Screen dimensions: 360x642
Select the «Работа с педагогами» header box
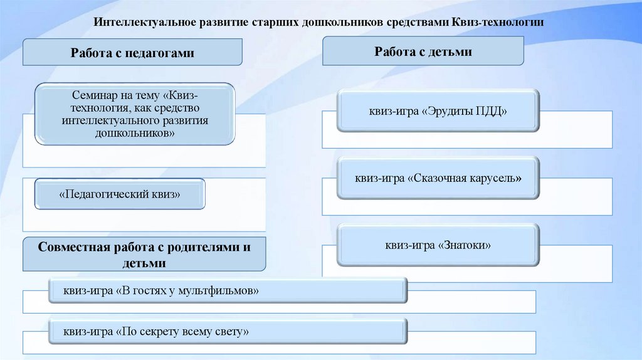[132, 53]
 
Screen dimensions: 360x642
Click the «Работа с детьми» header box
[423, 51]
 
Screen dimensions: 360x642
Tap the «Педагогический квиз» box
[119, 194]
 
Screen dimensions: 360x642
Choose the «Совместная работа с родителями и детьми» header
[144, 254]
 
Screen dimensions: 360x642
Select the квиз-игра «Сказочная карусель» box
[438, 178]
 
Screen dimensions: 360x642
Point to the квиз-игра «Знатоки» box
[438, 245]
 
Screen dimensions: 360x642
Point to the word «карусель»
[495, 178]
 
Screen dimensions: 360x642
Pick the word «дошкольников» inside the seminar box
[135, 134]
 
